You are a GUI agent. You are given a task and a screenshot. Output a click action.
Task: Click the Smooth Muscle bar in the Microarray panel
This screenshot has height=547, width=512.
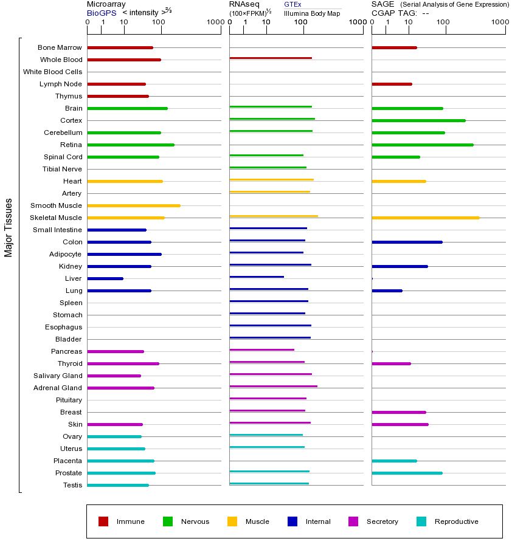click(134, 205)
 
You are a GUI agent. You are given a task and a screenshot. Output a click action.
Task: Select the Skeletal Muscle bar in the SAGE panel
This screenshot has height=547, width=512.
click(425, 218)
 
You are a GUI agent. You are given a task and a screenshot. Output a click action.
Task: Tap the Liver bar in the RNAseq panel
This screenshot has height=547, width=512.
click(257, 277)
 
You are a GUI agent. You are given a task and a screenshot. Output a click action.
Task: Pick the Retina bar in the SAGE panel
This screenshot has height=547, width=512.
click(422, 145)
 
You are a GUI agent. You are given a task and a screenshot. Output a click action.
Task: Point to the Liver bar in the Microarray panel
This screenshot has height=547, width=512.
click(105, 278)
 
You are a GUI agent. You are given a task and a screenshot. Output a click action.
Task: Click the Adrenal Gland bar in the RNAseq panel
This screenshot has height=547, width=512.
click(273, 387)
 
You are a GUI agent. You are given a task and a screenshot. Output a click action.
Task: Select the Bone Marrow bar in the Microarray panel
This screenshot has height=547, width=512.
click(120, 47)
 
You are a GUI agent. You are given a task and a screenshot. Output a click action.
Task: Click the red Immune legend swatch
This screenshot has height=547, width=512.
click(103, 521)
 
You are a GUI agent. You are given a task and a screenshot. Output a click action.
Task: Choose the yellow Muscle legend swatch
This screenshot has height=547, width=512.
click(232, 521)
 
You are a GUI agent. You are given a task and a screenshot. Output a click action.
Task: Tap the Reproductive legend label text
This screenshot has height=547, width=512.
click(456, 521)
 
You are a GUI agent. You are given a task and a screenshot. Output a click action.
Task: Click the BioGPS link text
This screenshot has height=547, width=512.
click(102, 13)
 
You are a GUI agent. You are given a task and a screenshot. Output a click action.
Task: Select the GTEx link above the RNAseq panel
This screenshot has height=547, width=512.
click(292, 4)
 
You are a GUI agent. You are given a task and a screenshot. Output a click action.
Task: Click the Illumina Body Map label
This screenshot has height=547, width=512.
click(311, 13)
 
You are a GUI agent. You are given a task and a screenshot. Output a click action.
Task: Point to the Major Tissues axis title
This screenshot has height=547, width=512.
click(9, 227)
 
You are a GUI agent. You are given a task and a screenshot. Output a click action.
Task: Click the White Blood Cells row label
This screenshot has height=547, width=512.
click(52, 72)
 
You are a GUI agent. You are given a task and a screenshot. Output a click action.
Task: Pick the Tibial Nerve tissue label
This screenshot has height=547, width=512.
click(62, 169)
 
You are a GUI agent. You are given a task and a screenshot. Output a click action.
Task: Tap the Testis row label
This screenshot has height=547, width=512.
click(72, 485)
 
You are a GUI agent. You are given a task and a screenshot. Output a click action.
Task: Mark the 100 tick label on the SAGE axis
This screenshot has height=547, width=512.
click(443, 22)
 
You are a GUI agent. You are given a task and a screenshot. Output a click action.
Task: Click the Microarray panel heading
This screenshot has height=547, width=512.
click(106, 4)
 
